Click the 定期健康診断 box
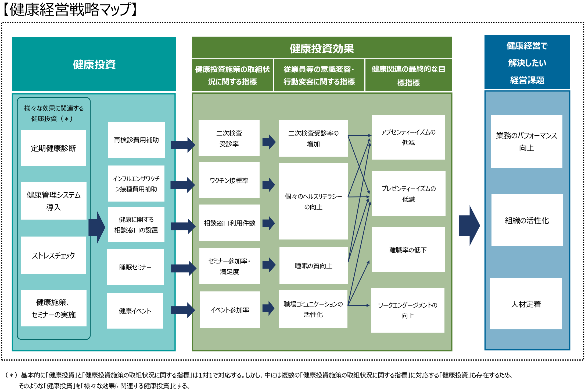point(53,148)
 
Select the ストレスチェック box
point(53,255)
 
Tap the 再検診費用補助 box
point(136,140)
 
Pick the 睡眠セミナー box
point(135,267)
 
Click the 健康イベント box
point(135,311)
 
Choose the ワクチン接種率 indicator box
point(229,180)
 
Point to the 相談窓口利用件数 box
point(229,223)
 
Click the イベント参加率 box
point(230,310)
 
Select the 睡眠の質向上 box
point(313,266)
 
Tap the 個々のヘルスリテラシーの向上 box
point(313,201)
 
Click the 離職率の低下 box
point(408,250)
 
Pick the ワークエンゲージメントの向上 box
point(408,310)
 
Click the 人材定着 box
point(526,304)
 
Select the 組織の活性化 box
point(527,220)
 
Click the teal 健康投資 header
point(94,64)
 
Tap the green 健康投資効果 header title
point(322,48)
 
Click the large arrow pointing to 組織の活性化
point(469,226)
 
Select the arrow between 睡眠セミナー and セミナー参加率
point(184,268)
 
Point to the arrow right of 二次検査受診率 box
point(269,142)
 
